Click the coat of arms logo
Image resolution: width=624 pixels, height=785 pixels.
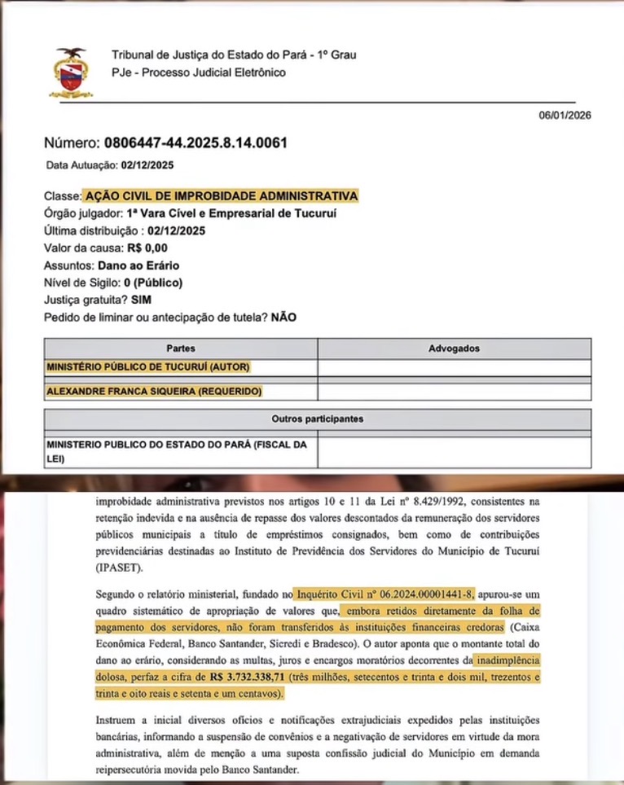(x=72, y=72)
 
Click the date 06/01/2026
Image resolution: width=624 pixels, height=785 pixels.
(x=565, y=115)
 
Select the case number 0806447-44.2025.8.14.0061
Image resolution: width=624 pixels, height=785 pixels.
(x=196, y=143)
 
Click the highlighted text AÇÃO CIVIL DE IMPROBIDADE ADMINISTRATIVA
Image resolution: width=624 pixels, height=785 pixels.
(x=220, y=196)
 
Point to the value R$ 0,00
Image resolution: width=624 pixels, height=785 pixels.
(x=144, y=248)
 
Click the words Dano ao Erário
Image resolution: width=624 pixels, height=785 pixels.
(x=138, y=265)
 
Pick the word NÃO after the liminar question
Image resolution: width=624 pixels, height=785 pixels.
(x=283, y=318)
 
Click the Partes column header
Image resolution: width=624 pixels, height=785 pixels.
(x=180, y=349)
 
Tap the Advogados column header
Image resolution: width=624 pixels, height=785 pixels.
(x=454, y=349)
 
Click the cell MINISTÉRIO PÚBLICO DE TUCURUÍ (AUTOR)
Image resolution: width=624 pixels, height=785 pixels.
(x=148, y=367)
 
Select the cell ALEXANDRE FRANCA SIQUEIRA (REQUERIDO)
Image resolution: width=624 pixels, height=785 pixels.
(x=154, y=392)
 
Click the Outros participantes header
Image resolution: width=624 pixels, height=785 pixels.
(x=317, y=419)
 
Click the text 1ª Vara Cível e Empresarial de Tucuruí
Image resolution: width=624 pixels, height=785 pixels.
(x=231, y=213)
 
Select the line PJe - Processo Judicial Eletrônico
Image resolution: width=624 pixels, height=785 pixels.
(x=199, y=72)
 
